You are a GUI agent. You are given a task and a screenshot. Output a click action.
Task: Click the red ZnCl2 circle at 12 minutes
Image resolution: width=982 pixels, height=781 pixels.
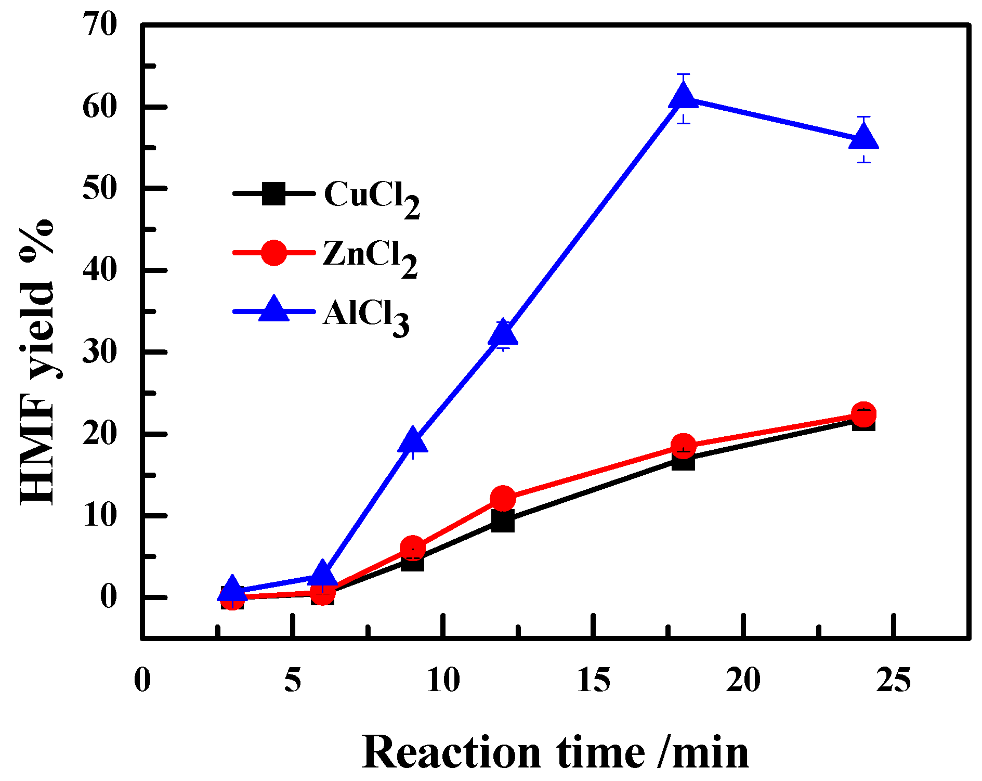[x=503, y=498]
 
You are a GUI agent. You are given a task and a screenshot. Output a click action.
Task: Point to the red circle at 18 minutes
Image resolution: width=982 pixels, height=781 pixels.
[x=683, y=446]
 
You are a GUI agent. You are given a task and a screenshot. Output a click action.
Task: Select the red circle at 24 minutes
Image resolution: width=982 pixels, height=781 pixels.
[x=863, y=414]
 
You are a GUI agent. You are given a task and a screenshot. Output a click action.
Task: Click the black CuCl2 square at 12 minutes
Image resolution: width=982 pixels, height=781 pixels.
[x=503, y=520]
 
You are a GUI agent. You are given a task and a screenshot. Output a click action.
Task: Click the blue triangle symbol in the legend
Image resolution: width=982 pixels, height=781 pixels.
[x=273, y=310]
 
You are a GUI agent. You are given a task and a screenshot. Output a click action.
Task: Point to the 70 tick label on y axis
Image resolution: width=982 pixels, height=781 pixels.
[x=100, y=24]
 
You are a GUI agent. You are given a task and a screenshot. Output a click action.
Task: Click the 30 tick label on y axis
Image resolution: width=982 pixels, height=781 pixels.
[x=100, y=352]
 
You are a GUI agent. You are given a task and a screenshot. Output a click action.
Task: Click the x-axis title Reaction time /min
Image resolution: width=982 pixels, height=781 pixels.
[x=555, y=752]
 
